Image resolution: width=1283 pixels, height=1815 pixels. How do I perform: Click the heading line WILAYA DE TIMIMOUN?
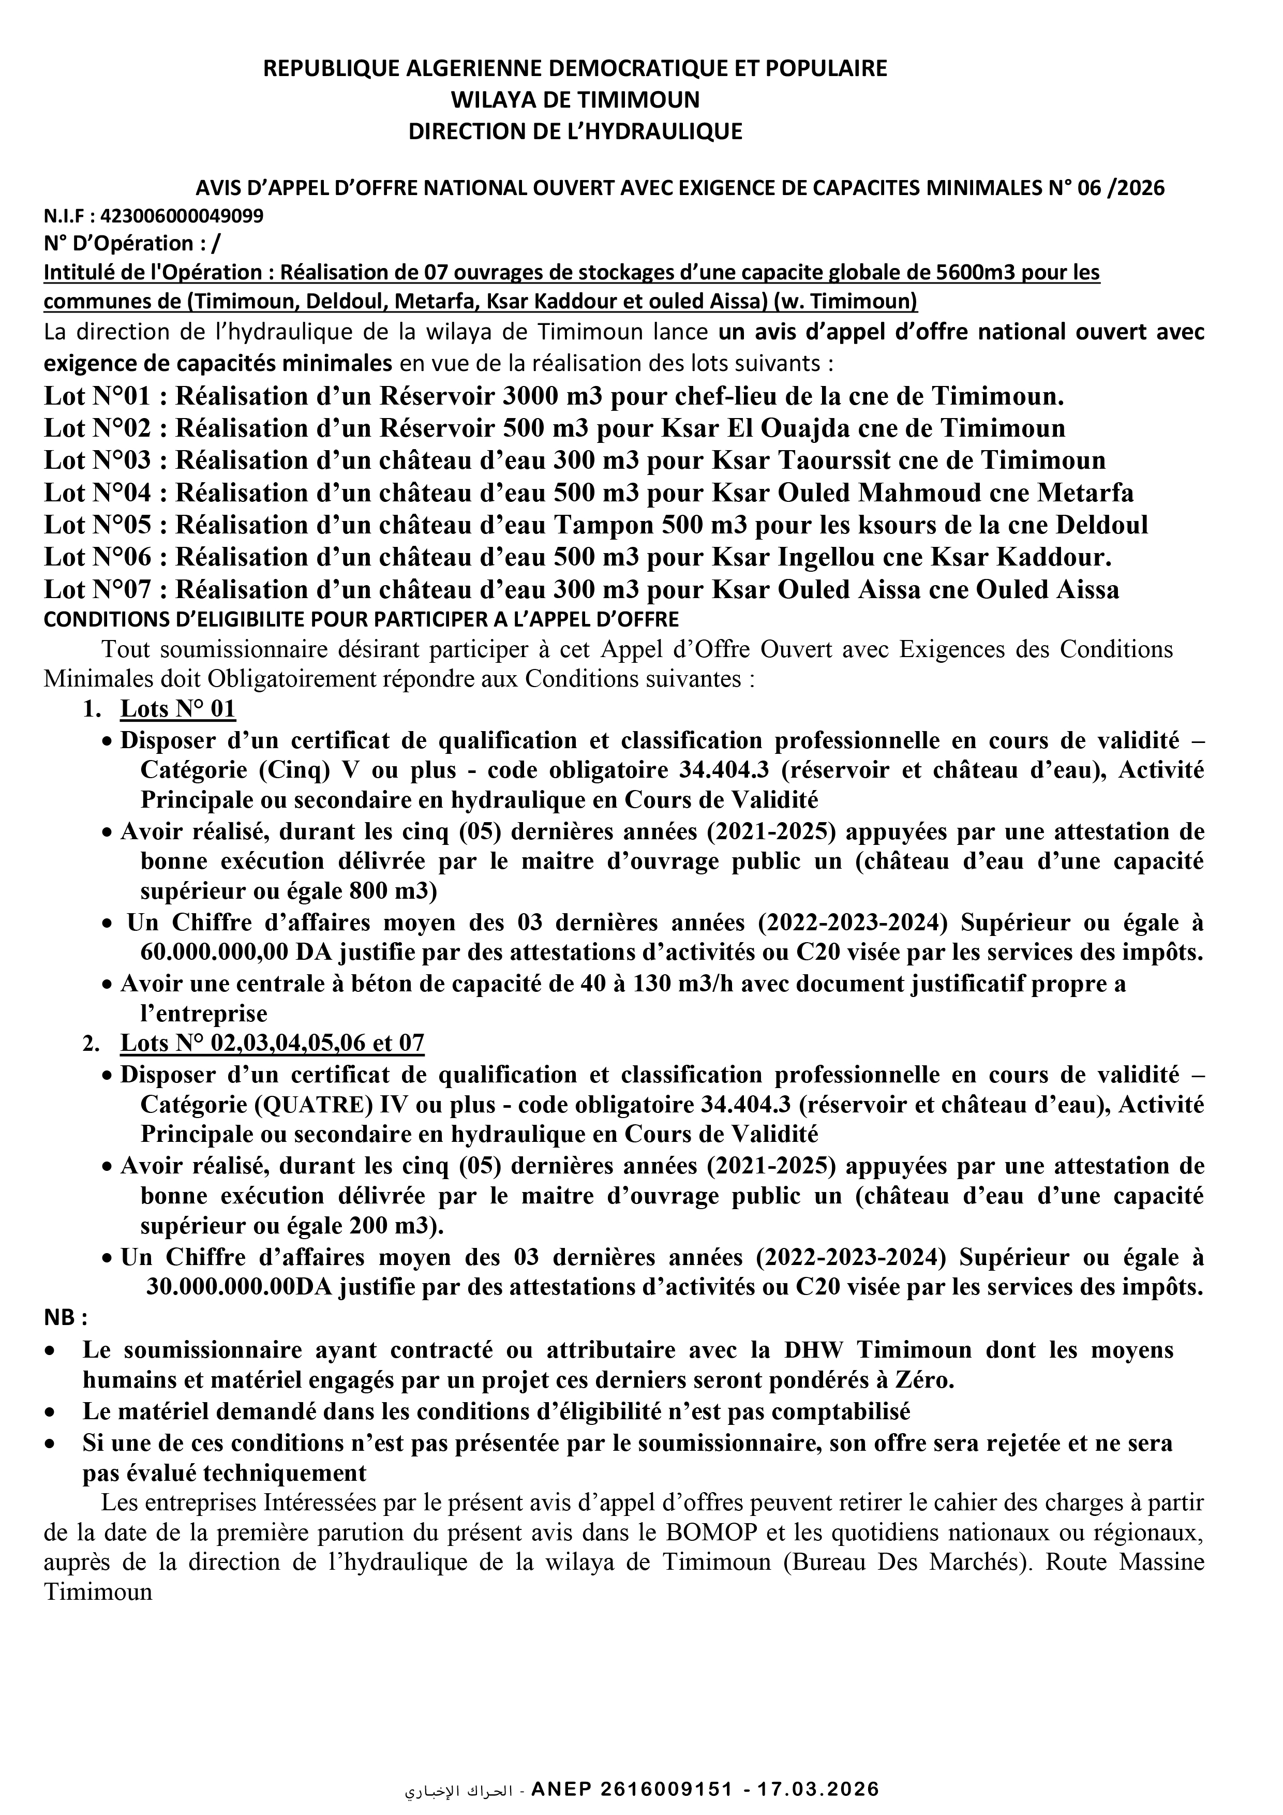click(x=575, y=100)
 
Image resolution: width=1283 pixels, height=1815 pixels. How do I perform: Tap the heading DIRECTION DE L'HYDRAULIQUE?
click(x=575, y=131)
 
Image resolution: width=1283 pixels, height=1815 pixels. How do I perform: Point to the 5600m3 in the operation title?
click(x=972, y=272)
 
